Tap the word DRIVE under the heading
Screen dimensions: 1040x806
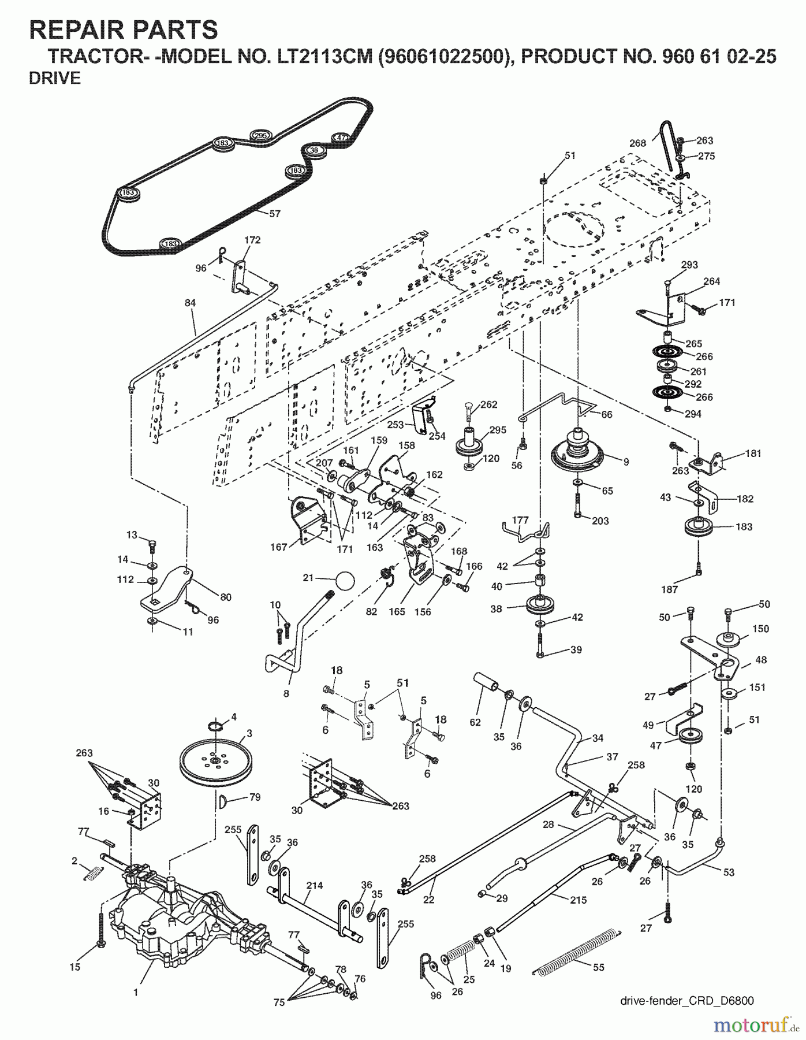(x=55, y=79)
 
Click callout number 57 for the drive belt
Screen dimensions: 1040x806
(x=275, y=214)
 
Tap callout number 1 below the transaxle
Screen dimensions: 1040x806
(x=136, y=993)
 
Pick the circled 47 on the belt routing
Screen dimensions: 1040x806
(x=341, y=138)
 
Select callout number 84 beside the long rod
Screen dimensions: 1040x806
(x=191, y=303)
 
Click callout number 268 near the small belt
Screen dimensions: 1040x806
(x=637, y=143)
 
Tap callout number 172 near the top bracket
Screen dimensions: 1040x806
(x=252, y=240)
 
